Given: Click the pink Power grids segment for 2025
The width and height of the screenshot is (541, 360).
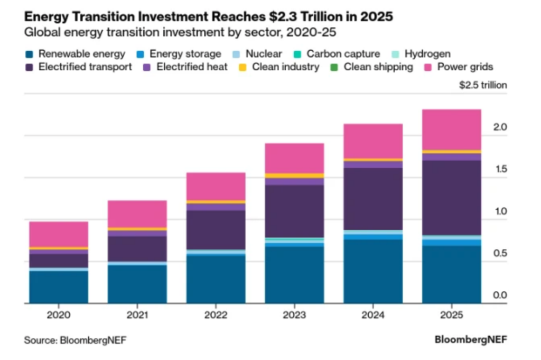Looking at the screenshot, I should (451, 130).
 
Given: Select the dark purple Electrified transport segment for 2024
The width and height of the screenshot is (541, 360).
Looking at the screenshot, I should (372, 199).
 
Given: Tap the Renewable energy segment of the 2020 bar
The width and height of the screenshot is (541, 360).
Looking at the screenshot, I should (59, 287).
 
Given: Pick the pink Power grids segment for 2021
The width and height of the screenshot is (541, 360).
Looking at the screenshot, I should (137, 214).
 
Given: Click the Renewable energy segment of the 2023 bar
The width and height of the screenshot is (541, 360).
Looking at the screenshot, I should (294, 275).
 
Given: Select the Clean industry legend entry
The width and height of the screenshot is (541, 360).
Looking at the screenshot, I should (285, 67).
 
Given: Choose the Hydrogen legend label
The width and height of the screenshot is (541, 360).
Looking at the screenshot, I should (427, 54).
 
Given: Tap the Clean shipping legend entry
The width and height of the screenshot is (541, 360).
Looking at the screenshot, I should (378, 67).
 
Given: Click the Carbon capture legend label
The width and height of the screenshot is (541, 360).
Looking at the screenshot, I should (343, 54).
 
